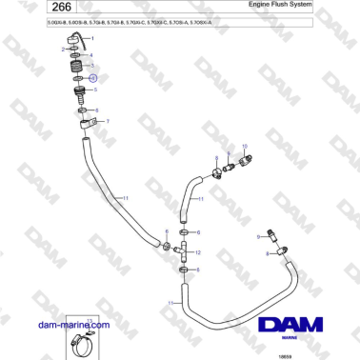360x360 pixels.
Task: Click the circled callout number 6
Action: point(93,78)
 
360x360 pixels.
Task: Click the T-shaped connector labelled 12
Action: point(182,251)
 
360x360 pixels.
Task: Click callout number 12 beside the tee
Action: point(197,252)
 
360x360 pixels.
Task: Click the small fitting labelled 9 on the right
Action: point(274,233)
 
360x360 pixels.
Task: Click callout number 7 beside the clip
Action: point(108,121)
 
